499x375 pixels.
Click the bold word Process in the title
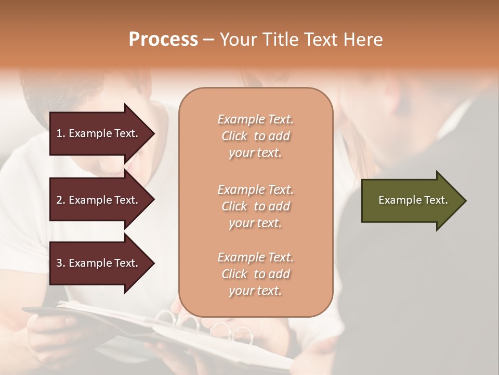coord(163,40)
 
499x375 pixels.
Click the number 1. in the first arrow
coord(61,133)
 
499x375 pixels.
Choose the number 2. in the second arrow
coord(61,200)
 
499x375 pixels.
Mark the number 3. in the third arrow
coord(61,263)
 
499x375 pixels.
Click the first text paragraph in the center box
coord(255,136)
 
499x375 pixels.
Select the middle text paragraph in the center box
coord(255,206)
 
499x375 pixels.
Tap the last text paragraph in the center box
coord(255,274)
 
